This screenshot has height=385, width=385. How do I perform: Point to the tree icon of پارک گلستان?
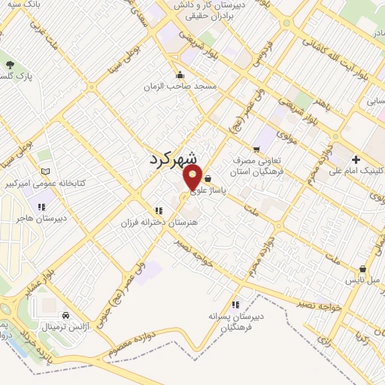[x=10, y=65]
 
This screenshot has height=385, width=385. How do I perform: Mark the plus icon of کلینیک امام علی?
[x=356, y=159]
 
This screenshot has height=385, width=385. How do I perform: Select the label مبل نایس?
[x=362, y=280]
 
